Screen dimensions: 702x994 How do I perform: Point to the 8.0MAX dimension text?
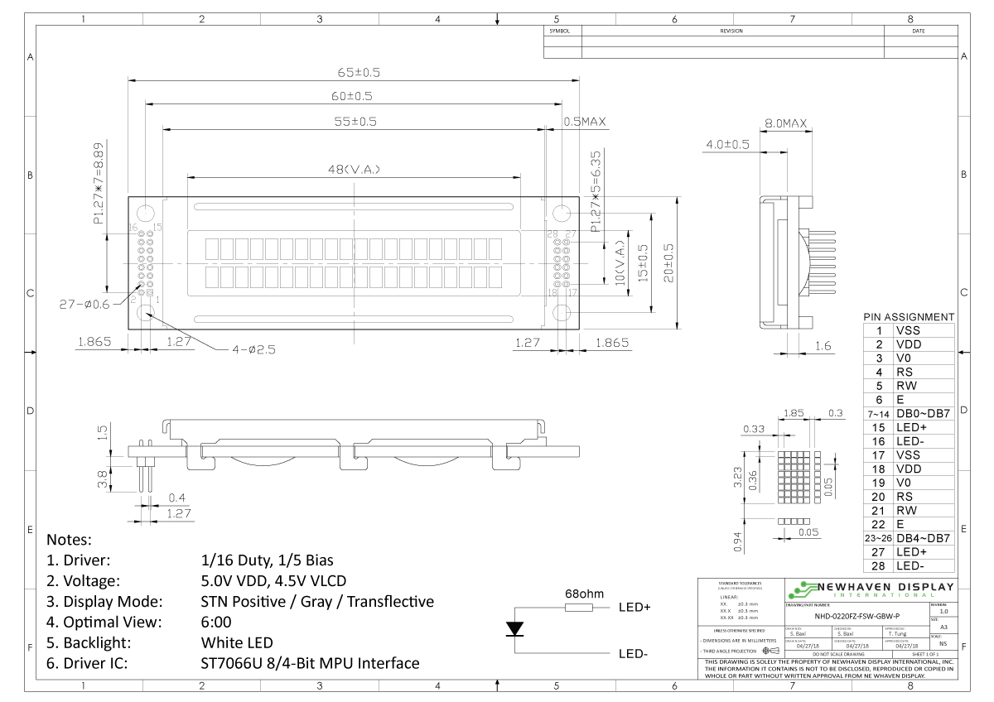pos(785,123)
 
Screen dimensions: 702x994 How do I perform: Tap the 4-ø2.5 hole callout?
pos(253,349)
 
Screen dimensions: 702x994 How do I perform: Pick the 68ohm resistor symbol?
pos(578,608)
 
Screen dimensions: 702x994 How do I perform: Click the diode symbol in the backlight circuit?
pos(515,629)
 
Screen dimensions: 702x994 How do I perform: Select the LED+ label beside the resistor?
pos(635,608)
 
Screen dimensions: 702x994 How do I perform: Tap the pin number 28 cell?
pos(878,565)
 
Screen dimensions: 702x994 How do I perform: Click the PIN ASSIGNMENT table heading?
pos(909,317)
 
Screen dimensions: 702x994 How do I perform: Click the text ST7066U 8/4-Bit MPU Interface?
pos(310,663)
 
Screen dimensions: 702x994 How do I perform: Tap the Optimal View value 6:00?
pos(216,622)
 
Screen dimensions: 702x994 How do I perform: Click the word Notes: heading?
pos(70,540)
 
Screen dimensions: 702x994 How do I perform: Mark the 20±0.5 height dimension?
pos(668,263)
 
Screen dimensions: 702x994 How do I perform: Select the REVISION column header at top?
pos(732,31)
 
